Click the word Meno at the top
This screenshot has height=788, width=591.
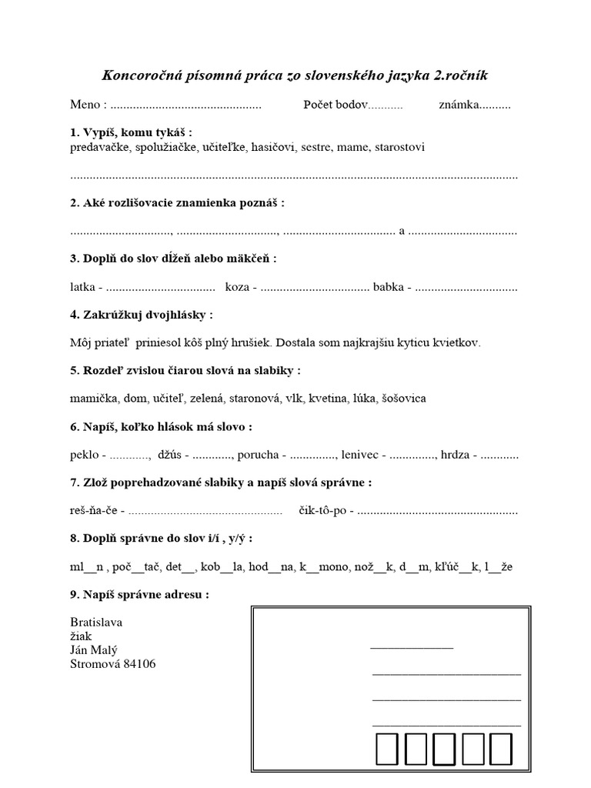click(85, 105)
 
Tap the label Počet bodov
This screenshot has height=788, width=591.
click(336, 105)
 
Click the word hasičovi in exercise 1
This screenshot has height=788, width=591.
click(275, 146)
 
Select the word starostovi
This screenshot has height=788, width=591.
click(399, 146)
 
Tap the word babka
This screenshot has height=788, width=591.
click(389, 287)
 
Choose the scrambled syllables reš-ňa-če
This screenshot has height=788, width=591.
click(93, 510)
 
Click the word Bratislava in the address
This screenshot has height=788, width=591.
click(96, 622)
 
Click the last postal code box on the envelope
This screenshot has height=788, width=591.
click(501, 750)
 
